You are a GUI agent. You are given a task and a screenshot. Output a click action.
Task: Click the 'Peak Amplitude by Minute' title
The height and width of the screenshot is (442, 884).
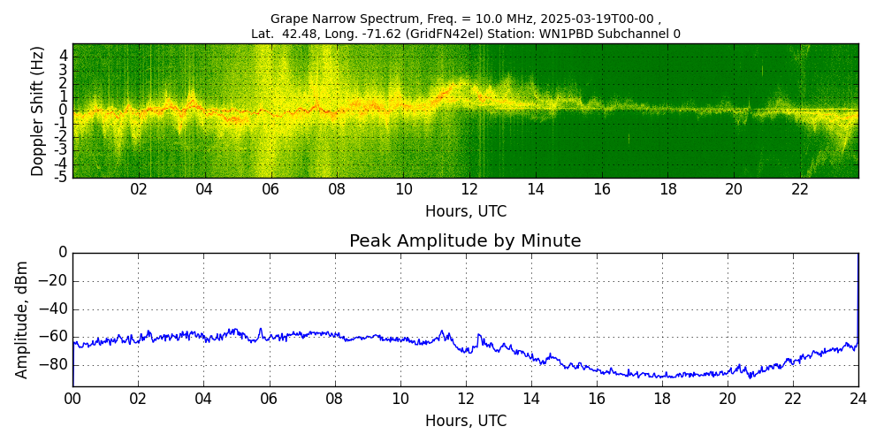[x=465, y=241]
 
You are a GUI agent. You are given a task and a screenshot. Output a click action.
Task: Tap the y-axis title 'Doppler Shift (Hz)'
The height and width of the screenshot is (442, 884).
[x=37, y=111]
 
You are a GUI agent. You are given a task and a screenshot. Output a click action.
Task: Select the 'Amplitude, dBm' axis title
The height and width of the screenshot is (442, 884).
[x=22, y=319]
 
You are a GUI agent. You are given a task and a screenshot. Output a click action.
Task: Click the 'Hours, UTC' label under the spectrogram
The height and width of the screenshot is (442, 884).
[x=465, y=212]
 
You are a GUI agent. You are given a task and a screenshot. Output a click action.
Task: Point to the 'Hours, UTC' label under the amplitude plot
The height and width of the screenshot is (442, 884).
[x=465, y=421]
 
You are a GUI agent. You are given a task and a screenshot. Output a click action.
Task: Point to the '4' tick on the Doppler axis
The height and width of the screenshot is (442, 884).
[x=65, y=56]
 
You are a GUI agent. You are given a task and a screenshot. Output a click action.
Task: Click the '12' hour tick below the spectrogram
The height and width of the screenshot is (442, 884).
[x=469, y=190]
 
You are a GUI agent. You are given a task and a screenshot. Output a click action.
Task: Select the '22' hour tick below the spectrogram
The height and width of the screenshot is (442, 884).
[x=801, y=190]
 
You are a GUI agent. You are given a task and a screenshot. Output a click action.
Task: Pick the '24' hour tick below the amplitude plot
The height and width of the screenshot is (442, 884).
[x=858, y=399]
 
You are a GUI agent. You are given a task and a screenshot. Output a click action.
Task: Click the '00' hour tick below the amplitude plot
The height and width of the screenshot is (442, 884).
[x=72, y=399]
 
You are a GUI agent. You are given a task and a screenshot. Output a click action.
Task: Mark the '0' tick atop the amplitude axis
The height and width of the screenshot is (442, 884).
[x=63, y=253]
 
